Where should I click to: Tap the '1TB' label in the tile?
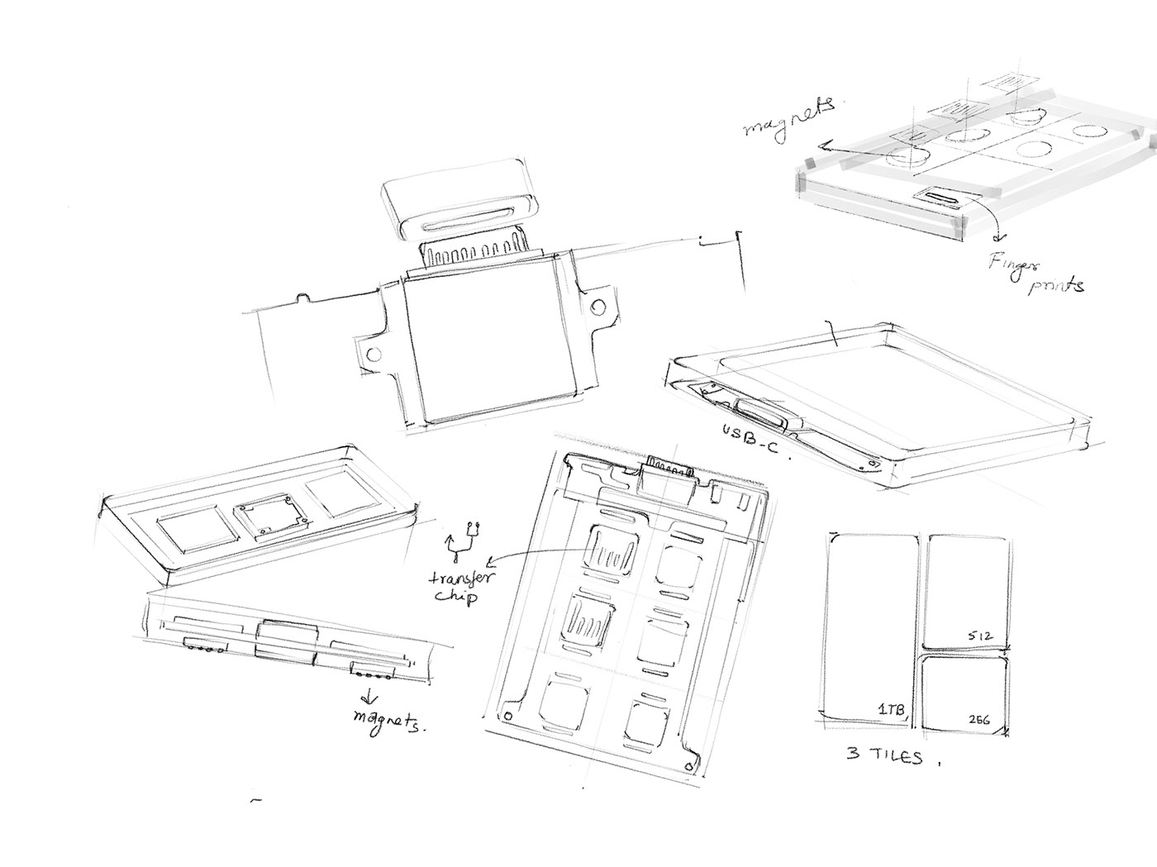pyautogui.click(x=890, y=709)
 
